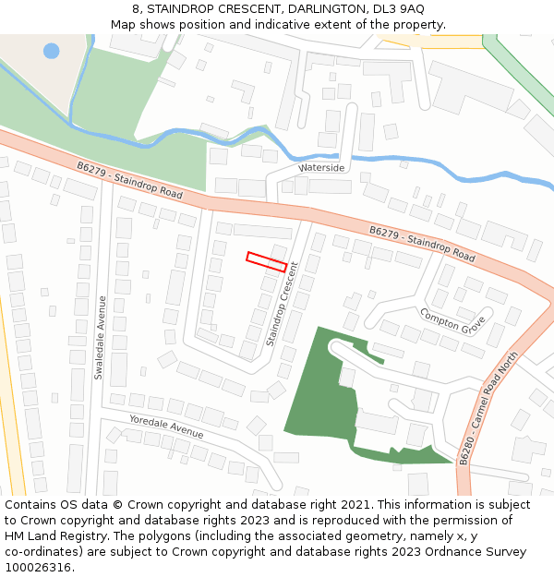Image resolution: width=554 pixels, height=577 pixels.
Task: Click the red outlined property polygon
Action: (266, 261)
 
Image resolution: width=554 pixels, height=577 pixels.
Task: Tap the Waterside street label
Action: (322, 168)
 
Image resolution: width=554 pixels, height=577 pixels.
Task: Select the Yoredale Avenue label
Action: (166, 427)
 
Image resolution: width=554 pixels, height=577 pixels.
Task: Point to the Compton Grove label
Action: (452, 320)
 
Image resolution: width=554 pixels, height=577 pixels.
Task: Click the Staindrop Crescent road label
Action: (283, 304)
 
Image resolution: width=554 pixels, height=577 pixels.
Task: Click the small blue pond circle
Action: (51, 51)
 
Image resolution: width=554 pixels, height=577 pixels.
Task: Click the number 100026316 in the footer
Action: (40, 568)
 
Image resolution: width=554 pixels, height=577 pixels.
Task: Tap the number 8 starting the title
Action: (136, 8)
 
